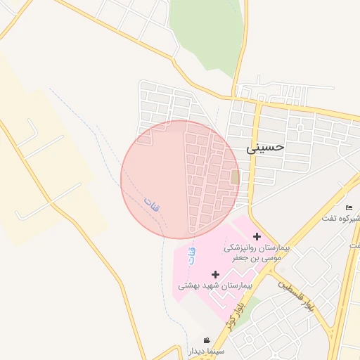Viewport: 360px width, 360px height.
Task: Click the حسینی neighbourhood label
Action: click(x=266, y=148)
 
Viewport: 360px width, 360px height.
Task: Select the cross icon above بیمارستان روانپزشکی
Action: click(x=257, y=236)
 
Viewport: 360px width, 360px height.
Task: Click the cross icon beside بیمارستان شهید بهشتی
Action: click(x=215, y=274)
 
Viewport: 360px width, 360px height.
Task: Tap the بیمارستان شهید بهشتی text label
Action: click(x=214, y=285)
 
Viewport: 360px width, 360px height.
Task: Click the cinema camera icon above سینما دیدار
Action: click(x=207, y=340)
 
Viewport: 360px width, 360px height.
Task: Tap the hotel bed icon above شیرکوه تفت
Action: click(x=349, y=207)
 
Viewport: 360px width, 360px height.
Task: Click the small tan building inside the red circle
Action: click(x=235, y=177)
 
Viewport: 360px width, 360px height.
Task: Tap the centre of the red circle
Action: click(x=180, y=179)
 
